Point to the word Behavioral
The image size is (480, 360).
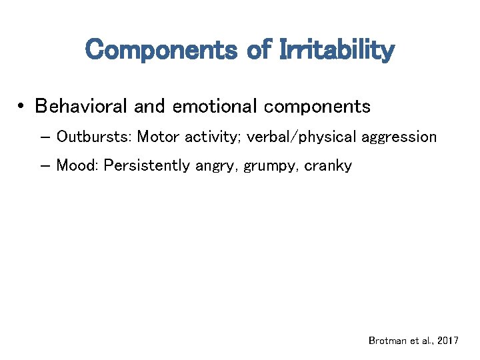pos(82,106)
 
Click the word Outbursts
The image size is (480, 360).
pos(94,137)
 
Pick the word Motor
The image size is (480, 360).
pos(159,137)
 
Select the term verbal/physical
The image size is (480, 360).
pos(302,137)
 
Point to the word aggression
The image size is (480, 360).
pos(399,138)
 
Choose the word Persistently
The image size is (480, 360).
pos(147,165)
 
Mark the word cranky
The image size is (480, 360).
pos(328,166)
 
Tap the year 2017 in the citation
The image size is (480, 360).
pos(447,341)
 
